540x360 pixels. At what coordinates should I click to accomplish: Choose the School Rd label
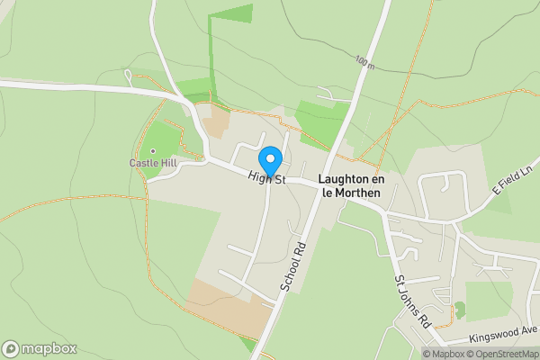tap(294, 266)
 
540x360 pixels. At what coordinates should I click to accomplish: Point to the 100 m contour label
tap(364, 61)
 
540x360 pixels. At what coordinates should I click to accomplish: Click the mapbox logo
tap(40, 348)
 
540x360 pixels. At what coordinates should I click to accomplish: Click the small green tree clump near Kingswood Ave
tap(461, 310)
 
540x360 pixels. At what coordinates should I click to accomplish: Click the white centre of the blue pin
tap(271, 155)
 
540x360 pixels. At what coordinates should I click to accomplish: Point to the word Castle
tap(142, 163)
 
